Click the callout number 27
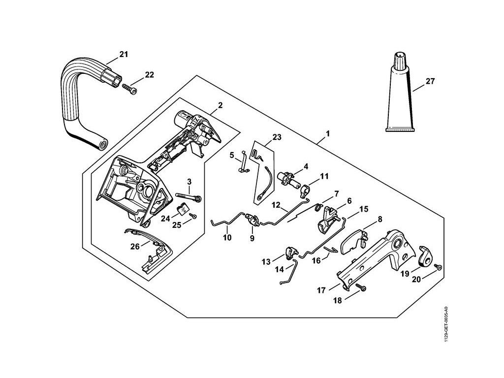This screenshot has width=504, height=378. pyautogui.click(x=430, y=81)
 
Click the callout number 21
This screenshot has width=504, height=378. pyautogui.click(x=123, y=54)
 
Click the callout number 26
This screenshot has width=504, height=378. pyautogui.click(x=135, y=247)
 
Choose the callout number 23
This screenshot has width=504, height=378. pyautogui.click(x=277, y=138)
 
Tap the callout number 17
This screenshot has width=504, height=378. pyautogui.click(x=321, y=291)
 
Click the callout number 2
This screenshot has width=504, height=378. pyautogui.click(x=220, y=105)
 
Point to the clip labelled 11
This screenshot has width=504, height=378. pyautogui.click(x=306, y=188)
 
